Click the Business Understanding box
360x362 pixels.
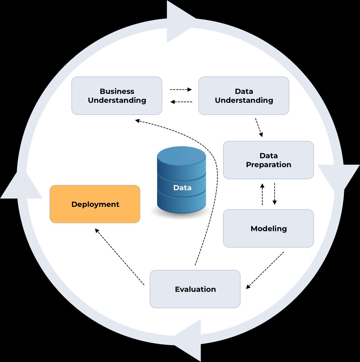117,96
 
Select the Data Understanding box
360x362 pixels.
243,96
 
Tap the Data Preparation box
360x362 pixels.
268,160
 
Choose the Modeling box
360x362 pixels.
268,228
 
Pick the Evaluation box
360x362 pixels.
195,289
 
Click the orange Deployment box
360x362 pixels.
95,204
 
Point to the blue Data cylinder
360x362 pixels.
181,180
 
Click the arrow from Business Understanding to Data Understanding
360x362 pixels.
181,90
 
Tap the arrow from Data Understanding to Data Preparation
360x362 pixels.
259,127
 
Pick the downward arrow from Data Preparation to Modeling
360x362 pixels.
274,194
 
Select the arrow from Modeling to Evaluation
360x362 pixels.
265,270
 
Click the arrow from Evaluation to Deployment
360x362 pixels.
119,256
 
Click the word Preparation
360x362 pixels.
268,165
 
